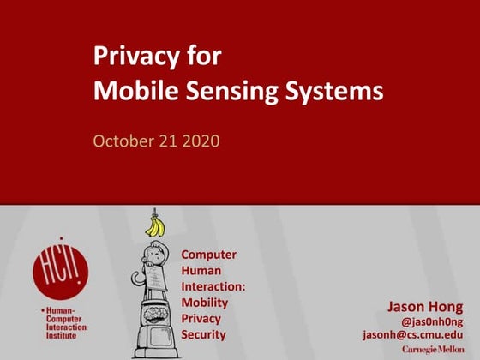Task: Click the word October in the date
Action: pyautogui.click(x=123, y=140)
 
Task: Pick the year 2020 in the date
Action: pyautogui.click(x=201, y=140)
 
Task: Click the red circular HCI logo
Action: pyautogui.click(x=60, y=267)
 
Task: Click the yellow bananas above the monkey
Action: pyautogui.click(x=155, y=226)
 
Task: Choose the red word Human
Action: pyautogui.click(x=201, y=271)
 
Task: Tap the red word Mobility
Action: pyautogui.click(x=205, y=302)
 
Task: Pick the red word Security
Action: pyautogui.click(x=204, y=333)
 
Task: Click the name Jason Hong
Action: pyautogui.click(x=425, y=306)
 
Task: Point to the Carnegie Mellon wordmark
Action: pyautogui.click(x=433, y=349)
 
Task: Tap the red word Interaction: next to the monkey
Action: pyautogui.click(x=213, y=286)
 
